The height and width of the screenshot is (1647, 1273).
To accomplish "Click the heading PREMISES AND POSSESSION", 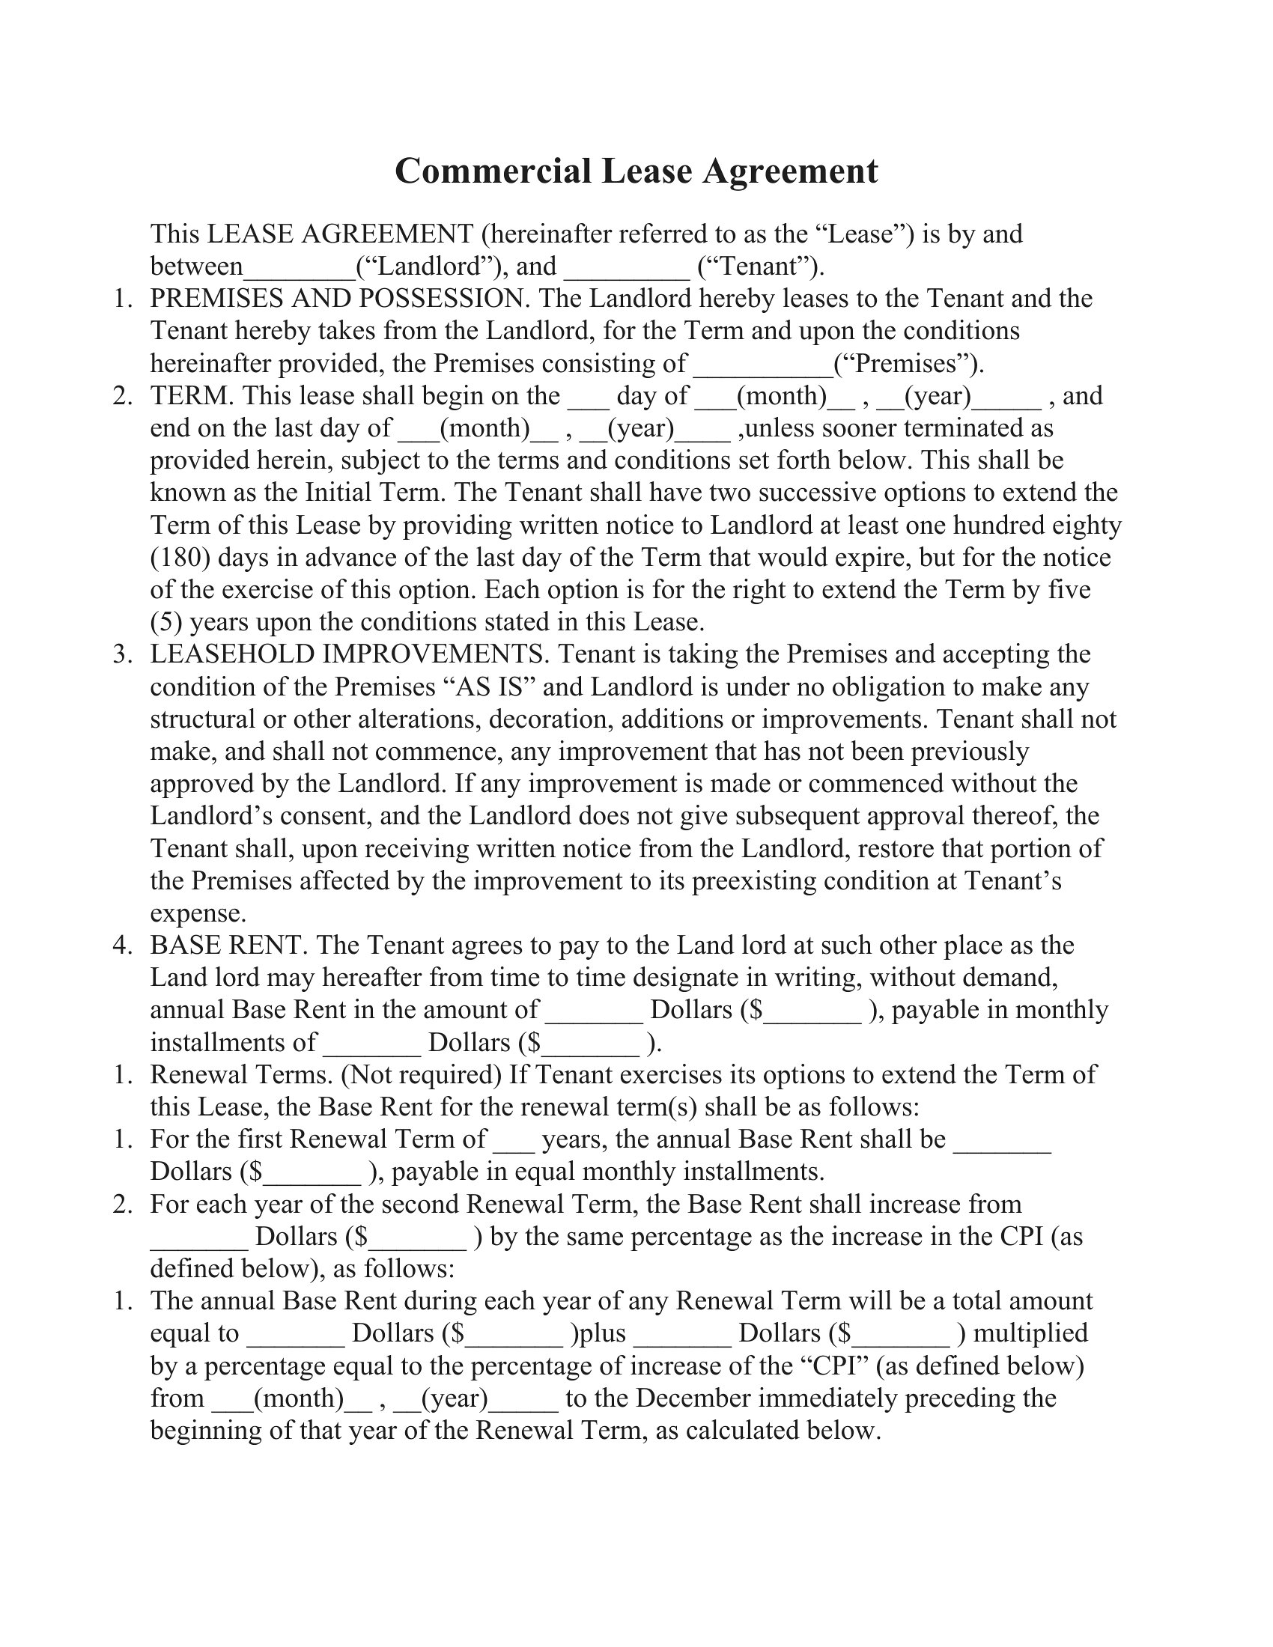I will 338,299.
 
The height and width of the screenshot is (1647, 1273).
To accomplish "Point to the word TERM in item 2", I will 191,396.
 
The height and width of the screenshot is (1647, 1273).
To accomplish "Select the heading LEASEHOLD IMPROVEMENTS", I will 349,654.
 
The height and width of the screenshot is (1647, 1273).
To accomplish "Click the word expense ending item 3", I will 198,913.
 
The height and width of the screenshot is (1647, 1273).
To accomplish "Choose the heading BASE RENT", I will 227,946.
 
